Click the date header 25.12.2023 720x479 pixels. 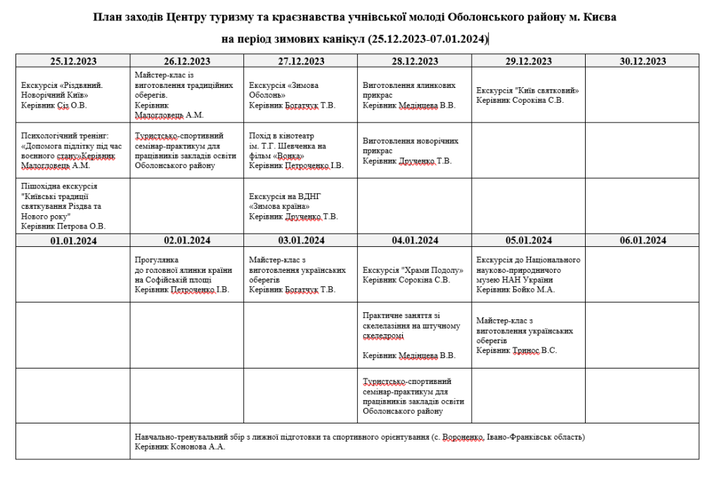pyautogui.click(x=73, y=61)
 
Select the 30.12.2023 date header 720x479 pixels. pyautogui.click(x=642, y=61)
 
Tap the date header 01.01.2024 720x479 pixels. pyautogui.click(x=73, y=241)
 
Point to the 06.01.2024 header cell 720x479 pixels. pyautogui.click(x=642, y=241)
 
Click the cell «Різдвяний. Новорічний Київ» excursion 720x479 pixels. pyautogui.click(x=73, y=95)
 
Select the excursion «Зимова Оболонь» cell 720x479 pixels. pyautogui.click(x=300, y=95)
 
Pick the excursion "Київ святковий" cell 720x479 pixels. pyautogui.click(x=528, y=95)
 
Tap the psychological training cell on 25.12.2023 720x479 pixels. pyautogui.click(x=73, y=151)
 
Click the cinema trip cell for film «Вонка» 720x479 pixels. pyautogui.click(x=300, y=151)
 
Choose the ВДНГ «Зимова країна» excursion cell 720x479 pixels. pyautogui.click(x=300, y=206)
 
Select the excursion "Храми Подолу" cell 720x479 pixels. pyautogui.click(x=414, y=274)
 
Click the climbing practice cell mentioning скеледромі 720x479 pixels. pyautogui.click(x=414, y=336)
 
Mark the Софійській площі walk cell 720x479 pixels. pyautogui.click(x=186, y=274)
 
